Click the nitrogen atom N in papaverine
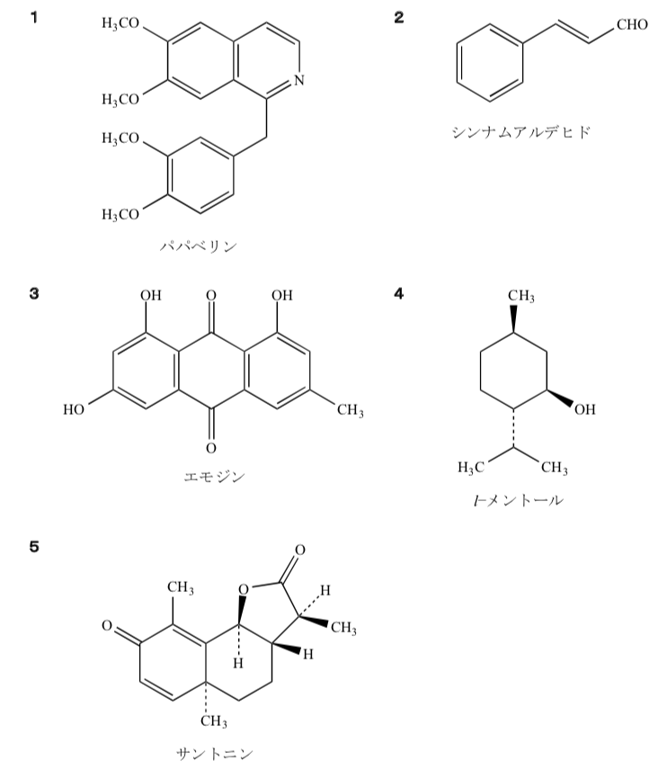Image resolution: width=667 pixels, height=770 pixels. point(299,80)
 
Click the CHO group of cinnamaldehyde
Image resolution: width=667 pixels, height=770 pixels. point(632,24)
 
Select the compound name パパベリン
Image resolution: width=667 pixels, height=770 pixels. point(199,246)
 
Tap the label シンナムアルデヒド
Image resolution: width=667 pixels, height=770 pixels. point(520,132)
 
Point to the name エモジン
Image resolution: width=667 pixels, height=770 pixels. point(215,477)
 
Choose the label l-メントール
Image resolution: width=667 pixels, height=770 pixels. point(519,500)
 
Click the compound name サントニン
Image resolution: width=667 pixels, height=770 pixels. point(215,753)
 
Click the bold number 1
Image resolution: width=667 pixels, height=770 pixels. point(34,18)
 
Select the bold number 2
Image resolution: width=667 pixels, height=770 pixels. point(399,18)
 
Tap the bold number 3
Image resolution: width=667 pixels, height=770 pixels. point(34,293)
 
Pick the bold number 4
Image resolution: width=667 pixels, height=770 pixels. point(399,293)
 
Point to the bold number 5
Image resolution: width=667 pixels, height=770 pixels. point(34,547)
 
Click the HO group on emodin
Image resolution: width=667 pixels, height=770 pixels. point(74,409)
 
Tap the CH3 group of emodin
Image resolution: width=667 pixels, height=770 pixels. point(350,410)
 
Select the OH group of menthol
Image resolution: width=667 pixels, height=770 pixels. point(584,409)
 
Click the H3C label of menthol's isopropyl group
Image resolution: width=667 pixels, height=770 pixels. point(471,468)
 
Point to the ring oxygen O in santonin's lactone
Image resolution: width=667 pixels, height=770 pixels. point(244,589)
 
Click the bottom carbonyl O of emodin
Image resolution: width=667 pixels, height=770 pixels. point(211,448)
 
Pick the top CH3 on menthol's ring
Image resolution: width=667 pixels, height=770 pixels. point(520,296)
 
